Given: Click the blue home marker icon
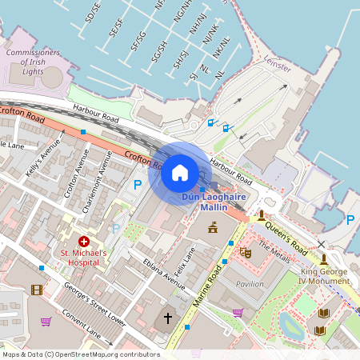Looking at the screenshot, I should pyautogui.click(x=180, y=172).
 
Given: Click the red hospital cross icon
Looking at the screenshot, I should pyautogui.click(x=83, y=241).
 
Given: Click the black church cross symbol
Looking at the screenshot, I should pyautogui.click(x=168, y=318).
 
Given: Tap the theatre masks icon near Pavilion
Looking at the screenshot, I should pyautogui.click(x=246, y=253).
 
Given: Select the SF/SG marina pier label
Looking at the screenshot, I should pyautogui.click(x=138, y=40).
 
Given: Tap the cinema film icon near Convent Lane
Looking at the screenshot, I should pyautogui.click(x=36, y=290).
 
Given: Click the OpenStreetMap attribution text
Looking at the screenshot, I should pyautogui.click(x=80, y=354).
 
